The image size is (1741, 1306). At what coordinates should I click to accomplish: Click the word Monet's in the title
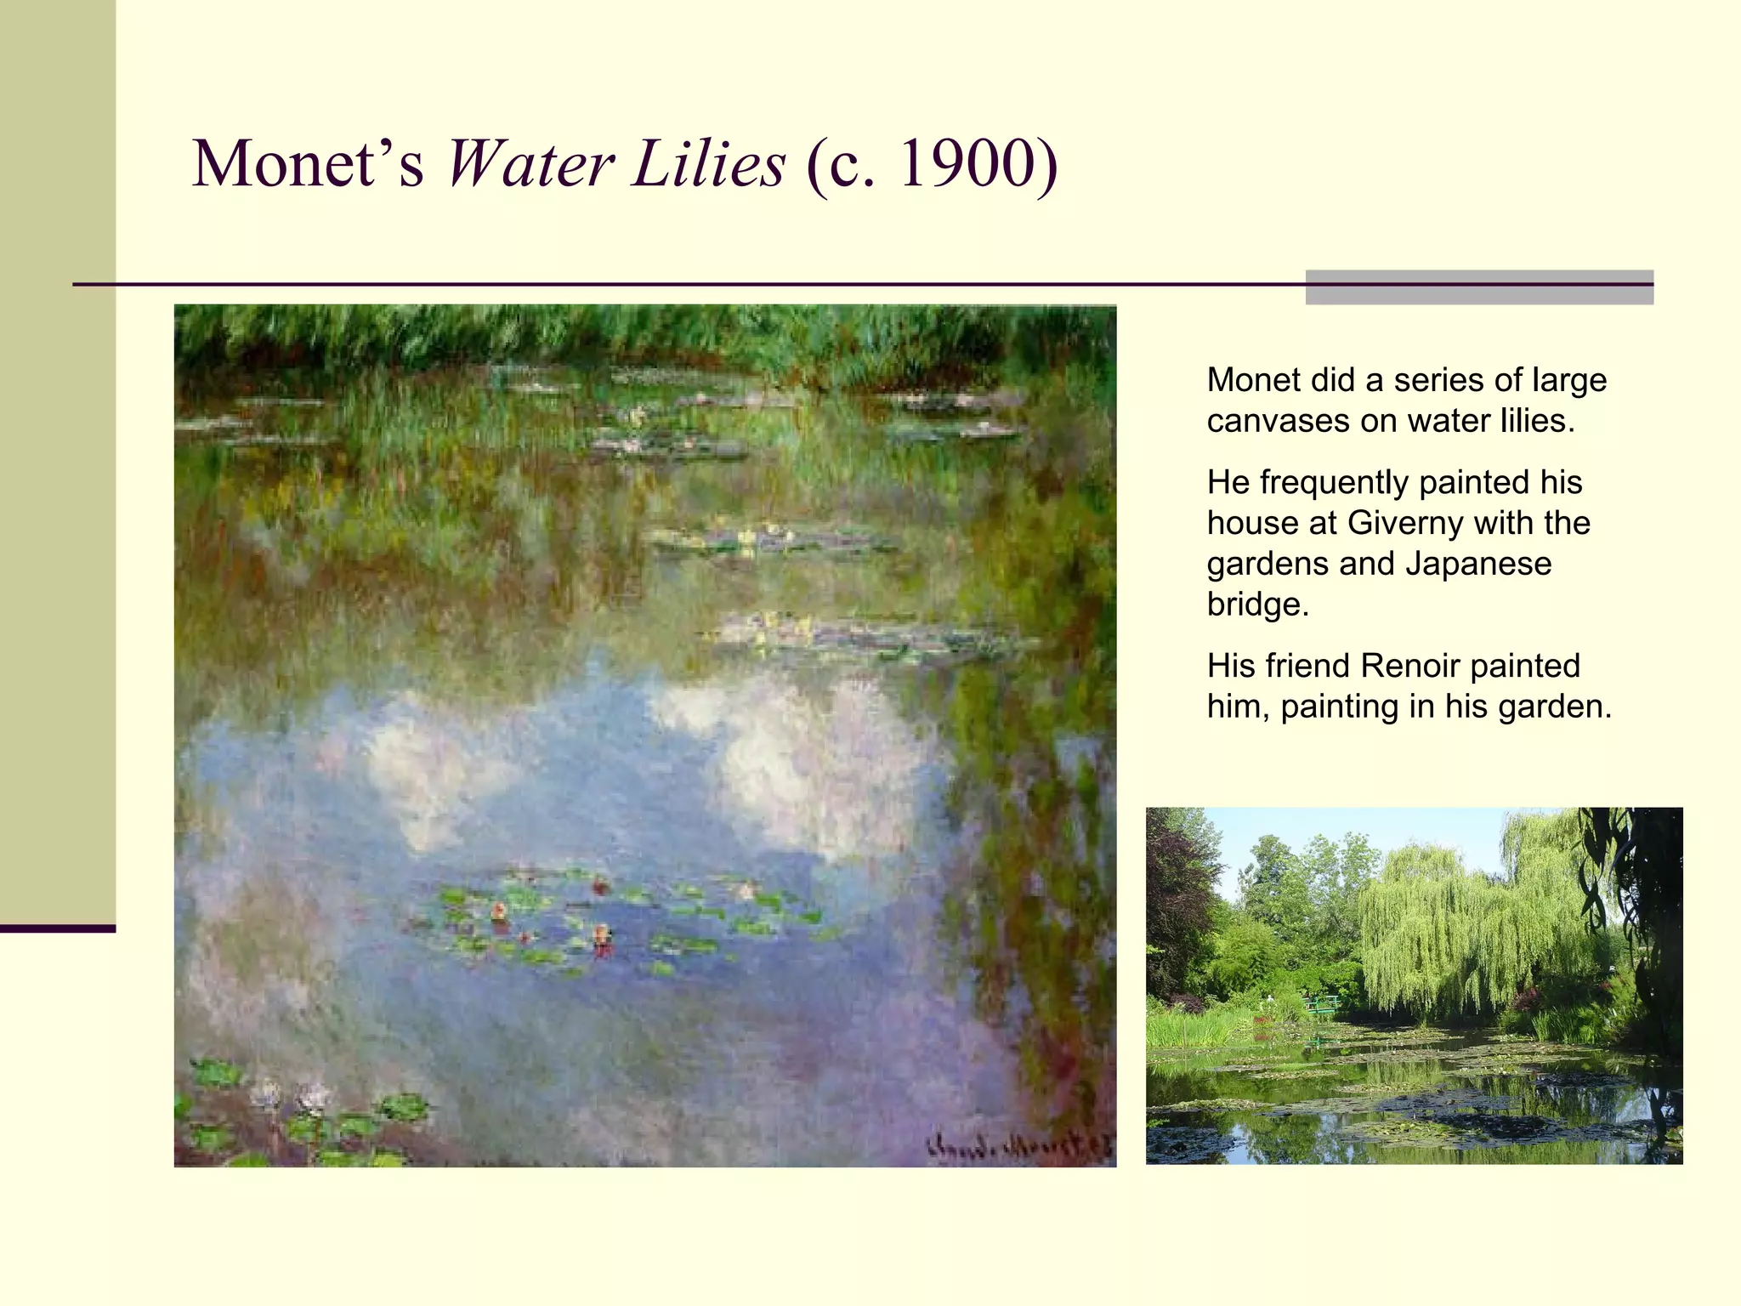(308, 163)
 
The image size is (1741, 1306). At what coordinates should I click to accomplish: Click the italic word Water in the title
(530, 163)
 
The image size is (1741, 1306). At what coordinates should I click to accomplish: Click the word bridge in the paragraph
(1256, 605)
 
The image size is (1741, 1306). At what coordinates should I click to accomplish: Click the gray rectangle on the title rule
(1479, 287)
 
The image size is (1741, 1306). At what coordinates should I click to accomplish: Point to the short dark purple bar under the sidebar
(58, 928)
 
